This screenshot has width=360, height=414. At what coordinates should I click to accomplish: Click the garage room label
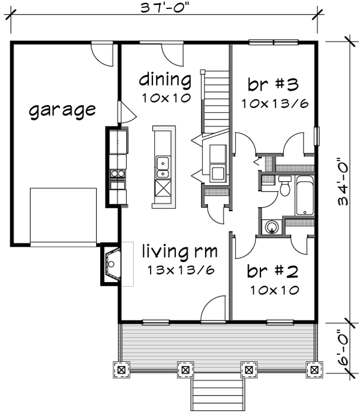[x=62, y=110]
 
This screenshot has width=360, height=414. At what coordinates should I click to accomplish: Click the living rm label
[x=179, y=250]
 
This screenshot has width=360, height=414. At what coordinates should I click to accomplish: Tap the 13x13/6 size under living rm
[x=181, y=270]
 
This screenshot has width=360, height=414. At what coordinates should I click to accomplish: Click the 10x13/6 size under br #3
[x=275, y=103]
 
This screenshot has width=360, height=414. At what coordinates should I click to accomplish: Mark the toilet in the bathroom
[x=285, y=188]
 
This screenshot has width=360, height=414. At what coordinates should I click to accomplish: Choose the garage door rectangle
[x=63, y=215]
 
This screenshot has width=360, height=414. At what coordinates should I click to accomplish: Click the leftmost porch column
[x=122, y=370]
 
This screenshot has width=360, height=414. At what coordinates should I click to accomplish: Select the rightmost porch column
[x=312, y=370]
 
